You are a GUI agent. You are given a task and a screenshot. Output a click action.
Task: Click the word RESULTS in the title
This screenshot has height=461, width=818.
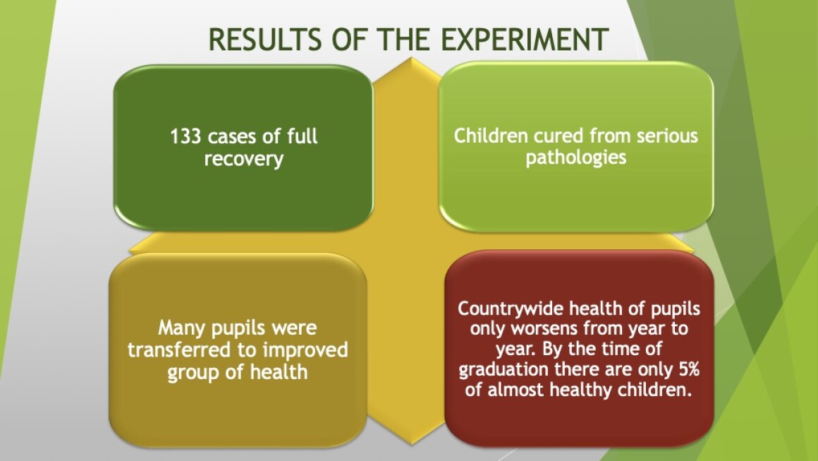click(265, 39)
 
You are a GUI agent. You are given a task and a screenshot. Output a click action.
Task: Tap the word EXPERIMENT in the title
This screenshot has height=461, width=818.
click(525, 39)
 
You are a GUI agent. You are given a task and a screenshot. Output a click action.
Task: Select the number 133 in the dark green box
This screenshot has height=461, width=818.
click(185, 137)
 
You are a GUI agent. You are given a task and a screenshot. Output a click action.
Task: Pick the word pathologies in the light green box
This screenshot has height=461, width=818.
click(576, 157)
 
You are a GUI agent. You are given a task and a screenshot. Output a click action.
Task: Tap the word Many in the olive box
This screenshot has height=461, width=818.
click(181, 328)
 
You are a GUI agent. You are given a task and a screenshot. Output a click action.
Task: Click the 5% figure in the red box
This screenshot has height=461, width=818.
click(689, 369)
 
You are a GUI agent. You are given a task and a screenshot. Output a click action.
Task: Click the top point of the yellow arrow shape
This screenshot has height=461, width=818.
click(412, 57)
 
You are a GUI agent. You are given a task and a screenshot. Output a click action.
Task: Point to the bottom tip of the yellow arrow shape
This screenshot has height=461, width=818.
click(412, 444)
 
